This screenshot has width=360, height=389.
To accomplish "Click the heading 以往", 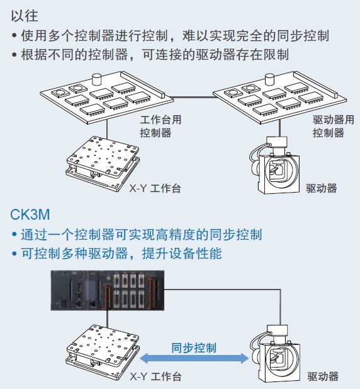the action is click(x=25, y=16).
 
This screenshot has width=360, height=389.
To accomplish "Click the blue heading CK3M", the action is click(x=30, y=215).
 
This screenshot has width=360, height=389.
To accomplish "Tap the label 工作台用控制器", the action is click(x=160, y=127).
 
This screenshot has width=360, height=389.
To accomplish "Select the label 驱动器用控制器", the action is click(x=333, y=127).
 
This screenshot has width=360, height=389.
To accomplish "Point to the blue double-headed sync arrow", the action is click(x=194, y=359).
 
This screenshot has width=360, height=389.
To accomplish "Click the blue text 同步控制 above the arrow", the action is click(x=194, y=348).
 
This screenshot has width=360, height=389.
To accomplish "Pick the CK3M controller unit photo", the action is click(x=108, y=291).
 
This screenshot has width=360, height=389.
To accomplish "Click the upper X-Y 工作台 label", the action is click(x=155, y=188).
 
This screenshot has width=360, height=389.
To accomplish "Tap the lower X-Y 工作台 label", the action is click(x=155, y=376).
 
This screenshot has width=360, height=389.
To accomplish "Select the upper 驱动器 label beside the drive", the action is click(x=322, y=188).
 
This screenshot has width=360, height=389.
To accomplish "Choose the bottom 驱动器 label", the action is click(x=323, y=376).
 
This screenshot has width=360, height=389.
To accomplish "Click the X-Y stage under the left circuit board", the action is click(x=103, y=163).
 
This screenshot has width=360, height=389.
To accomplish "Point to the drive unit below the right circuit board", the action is click(x=274, y=165).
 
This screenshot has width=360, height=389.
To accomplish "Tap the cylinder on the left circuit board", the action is click(x=97, y=79).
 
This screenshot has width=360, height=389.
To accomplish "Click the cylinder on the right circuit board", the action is click(x=270, y=79).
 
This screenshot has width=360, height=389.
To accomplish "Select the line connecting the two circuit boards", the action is click(x=193, y=97).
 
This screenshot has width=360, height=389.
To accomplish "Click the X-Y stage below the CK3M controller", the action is click(x=103, y=352).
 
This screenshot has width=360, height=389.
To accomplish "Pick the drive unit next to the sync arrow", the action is click(x=274, y=354).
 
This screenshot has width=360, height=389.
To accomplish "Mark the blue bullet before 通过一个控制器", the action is click(x=14, y=234).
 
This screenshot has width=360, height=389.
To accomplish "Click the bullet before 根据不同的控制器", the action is click(x=14, y=55).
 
